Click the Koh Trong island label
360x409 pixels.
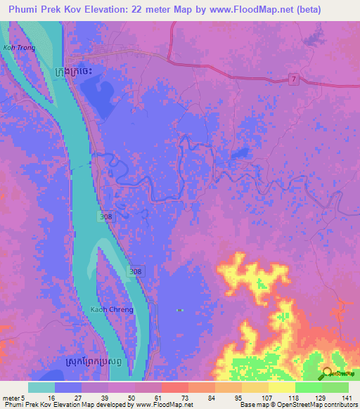(18, 48)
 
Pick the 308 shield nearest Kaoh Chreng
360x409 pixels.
(137, 271)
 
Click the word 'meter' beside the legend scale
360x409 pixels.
(11, 397)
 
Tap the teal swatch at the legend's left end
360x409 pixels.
(41, 387)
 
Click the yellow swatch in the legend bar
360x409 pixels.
(282, 387)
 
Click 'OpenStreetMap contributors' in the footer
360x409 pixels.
(316, 405)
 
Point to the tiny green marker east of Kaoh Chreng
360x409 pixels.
(180, 310)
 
